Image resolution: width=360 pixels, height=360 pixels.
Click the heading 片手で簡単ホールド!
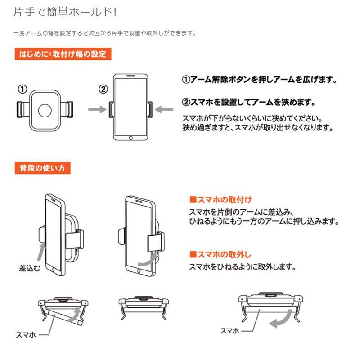tap(65, 12)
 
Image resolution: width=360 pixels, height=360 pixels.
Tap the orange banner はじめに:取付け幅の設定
tap(63, 54)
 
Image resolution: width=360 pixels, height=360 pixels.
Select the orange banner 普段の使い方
tap(43, 168)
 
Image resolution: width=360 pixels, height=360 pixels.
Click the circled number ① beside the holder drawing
tap(22, 89)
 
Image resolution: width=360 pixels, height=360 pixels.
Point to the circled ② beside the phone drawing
tap(103, 89)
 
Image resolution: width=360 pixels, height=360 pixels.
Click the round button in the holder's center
tap(45, 110)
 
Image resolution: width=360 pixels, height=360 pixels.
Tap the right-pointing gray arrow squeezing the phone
tap(97, 109)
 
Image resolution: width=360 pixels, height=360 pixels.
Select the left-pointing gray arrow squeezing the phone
tap(164, 109)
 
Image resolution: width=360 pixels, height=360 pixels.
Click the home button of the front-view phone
tap(130, 138)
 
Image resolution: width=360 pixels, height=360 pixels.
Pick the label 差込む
tap(30, 268)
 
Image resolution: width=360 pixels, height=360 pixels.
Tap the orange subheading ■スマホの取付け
tap(220, 200)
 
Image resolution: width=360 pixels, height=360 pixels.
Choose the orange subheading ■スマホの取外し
tap(220, 254)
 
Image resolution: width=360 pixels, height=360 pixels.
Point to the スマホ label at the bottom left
tap(26, 335)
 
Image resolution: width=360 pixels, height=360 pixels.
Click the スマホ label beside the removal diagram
tap(230, 331)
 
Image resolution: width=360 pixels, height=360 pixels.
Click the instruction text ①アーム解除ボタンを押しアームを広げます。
tap(260, 80)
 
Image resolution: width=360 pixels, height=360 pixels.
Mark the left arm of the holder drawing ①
tap(23, 109)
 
